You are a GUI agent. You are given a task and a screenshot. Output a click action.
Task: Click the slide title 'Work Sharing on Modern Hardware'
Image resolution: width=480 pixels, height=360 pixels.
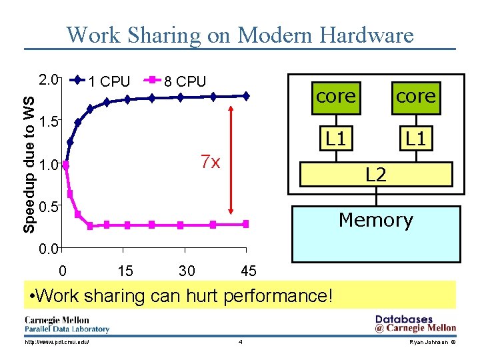[x=240, y=35]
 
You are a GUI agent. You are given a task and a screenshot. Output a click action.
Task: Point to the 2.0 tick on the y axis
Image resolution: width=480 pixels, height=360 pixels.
[x=49, y=80]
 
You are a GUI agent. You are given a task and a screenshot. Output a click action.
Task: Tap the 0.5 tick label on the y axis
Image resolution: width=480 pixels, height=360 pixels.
[x=49, y=207]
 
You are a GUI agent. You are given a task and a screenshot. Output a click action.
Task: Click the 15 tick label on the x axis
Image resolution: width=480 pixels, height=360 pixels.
[x=125, y=271]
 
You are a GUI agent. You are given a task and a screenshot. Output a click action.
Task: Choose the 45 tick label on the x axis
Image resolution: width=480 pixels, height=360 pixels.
[x=249, y=271]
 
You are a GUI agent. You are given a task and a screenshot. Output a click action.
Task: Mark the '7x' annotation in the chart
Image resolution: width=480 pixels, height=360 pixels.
[x=211, y=162]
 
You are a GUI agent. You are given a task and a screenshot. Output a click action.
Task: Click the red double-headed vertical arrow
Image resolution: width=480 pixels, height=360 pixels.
[x=230, y=160]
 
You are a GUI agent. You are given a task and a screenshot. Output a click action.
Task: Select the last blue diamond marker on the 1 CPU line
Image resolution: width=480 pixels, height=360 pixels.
[x=245, y=96]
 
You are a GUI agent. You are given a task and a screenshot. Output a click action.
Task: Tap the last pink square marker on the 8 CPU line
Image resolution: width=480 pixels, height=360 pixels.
[x=245, y=224]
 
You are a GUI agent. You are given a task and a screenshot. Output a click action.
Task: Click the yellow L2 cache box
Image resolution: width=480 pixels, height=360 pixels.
[x=376, y=174]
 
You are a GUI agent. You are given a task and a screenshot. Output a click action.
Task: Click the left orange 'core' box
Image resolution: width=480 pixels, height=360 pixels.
[x=336, y=97]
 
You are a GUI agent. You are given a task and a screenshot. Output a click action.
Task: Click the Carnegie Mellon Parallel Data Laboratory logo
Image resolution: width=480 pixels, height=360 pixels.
[x=67, y=323]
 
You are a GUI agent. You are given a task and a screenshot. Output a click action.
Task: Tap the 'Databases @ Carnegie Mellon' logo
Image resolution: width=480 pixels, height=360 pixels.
[x=415, y=323]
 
